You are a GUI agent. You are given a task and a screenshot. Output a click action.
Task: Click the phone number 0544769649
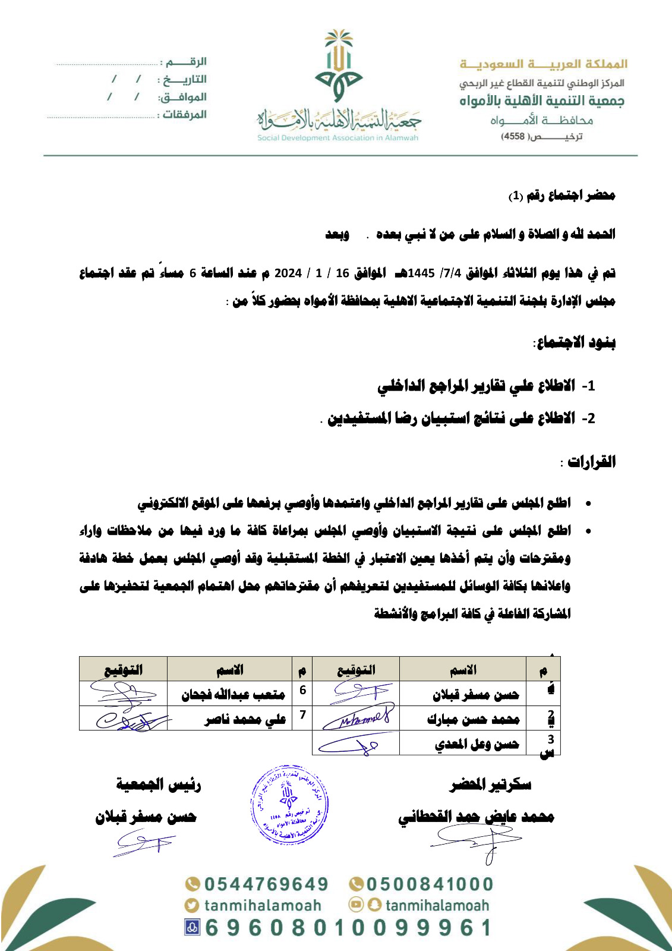point(266,884)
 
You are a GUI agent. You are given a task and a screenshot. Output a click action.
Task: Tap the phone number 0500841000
point(429,884)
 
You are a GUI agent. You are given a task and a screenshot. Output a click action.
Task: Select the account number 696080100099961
point(348,928)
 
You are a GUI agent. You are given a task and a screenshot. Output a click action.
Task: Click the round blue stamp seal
point(289,805)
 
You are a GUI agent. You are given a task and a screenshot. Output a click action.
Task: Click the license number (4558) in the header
point(514,136)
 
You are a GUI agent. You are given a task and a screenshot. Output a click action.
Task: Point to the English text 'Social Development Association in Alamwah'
point(337,138)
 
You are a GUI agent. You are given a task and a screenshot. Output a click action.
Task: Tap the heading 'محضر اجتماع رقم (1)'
point(561,196)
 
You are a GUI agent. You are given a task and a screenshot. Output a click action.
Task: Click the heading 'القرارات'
point(591,461)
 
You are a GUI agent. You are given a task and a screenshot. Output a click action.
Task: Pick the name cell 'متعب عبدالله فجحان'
point(233,694)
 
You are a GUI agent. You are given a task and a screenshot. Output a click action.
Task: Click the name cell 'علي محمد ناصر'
point(245,719)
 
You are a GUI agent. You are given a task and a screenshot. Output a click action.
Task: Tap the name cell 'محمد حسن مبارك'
point(473,719)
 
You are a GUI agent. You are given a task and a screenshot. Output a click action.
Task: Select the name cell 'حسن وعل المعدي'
point(477,744)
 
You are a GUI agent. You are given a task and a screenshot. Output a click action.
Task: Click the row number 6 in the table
point(302,690)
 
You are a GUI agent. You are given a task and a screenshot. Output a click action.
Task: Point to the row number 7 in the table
point(302,715)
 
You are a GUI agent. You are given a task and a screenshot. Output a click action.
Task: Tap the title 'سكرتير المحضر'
point(491,785)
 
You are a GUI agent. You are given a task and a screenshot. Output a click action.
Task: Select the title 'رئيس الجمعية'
point(159,785)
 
